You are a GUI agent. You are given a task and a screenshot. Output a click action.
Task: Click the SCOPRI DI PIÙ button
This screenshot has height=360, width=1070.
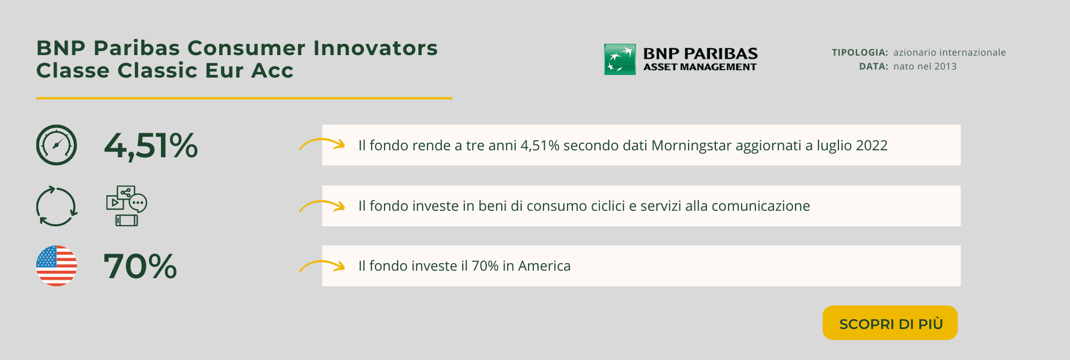(x=890, y=323)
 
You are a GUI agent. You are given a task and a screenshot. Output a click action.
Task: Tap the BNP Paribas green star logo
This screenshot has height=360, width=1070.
(x=620, y=59)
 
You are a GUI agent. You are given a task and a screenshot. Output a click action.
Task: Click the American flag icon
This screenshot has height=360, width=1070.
(x=57, y=266)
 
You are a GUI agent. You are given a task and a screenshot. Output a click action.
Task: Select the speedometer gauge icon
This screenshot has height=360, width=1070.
(x=57, y=145)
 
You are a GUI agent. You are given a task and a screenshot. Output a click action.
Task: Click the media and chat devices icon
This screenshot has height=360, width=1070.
(x=127, y=206)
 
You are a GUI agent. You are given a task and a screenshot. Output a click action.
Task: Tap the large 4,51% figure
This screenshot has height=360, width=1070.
(x=151, y=146)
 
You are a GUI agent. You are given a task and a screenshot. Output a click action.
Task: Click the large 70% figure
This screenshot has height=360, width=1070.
(x=140, y=266)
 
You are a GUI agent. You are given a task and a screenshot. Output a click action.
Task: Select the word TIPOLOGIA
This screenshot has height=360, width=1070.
(x=860, y=52)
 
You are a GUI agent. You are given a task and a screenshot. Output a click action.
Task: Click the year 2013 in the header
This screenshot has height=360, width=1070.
(x=945, y=66)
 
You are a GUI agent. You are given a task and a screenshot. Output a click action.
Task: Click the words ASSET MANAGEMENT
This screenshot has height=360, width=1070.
(x=700, y=67)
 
